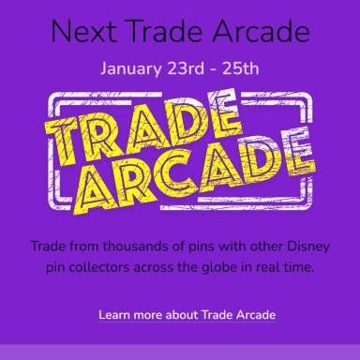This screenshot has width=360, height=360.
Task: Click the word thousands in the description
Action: click(x=130, y=247)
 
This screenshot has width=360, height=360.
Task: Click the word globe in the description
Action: click(x=219, y=267)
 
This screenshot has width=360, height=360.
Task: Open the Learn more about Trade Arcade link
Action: click(x=187, y=315)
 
